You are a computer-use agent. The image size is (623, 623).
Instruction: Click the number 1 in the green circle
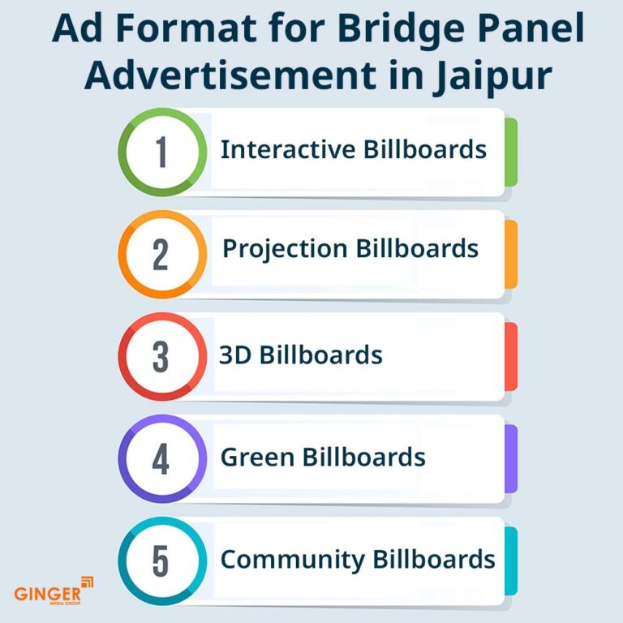click(161, 152)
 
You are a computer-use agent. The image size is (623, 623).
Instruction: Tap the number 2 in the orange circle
click(161, 254)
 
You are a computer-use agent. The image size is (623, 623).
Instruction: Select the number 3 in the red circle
click(161, 356)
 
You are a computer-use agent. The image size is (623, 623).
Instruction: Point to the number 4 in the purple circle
click(161, 458)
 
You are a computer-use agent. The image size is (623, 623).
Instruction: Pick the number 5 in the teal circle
click(161, 561)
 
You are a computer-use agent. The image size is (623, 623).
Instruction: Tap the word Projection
click(284, 249)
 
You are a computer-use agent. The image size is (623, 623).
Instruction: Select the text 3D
click(235, 355)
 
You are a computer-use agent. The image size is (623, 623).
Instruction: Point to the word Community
click(293, 560)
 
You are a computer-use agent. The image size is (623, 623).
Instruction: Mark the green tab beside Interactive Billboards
click(511, 152)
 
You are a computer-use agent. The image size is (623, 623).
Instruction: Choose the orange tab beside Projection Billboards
click(511, 254)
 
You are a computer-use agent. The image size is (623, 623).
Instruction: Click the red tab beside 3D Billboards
click(511, 356)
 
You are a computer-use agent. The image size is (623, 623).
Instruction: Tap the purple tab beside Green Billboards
click(511, 458)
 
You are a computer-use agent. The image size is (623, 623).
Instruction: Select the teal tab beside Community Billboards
click(511, 561)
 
